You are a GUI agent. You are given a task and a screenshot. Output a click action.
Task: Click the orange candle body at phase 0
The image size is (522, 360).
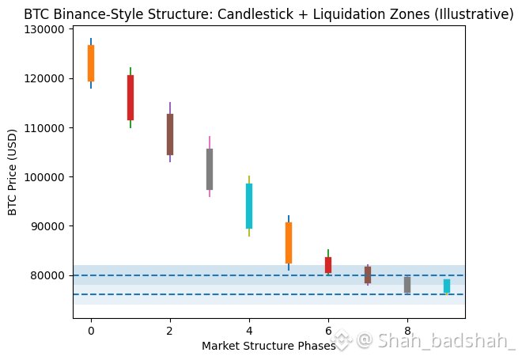click(x=91, y=63)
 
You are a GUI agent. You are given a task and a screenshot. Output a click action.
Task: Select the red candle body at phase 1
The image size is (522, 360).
click(x=130, y=97)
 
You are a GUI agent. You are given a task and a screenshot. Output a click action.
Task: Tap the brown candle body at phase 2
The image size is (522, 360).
click(x=170, y=135)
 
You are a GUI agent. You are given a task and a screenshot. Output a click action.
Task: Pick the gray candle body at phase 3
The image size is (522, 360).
click(x=210, y=169)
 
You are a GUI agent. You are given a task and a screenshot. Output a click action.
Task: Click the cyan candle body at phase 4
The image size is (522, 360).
click(x=249, y=206)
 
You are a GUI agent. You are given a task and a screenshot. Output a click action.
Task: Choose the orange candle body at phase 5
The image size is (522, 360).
click(x=289, y=243)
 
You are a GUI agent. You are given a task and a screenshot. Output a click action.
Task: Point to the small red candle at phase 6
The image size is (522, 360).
click(x=328, y=265)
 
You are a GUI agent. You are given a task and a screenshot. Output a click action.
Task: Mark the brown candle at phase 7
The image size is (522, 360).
click(x=368, y=275)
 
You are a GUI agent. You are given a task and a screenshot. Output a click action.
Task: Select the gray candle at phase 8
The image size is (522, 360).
click(x=407, y=285)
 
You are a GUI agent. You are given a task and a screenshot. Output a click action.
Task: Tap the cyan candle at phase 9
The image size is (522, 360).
click(x=447, y=286)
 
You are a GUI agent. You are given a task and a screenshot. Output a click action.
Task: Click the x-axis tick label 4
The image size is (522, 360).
click(x=249, y=330)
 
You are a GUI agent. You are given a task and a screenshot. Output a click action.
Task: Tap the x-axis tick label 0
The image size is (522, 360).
click(x=91, y=330)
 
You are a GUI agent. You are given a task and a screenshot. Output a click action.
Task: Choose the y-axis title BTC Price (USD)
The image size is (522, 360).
click(x=13, y=172)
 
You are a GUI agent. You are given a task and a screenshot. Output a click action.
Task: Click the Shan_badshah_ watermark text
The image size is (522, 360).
click(x=446, y=341)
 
